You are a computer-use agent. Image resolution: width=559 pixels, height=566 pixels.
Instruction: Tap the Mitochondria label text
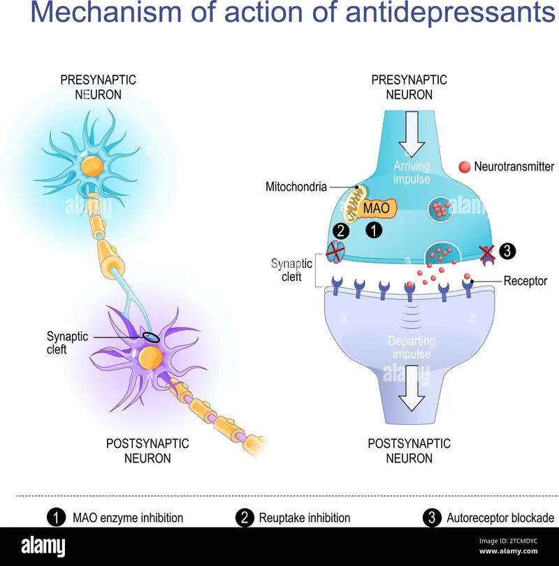click(x=296, y=187)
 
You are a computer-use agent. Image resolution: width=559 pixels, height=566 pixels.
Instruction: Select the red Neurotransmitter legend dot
click(x=464, y=167)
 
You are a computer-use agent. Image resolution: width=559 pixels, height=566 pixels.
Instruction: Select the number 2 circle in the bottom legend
click(x=245, y=518)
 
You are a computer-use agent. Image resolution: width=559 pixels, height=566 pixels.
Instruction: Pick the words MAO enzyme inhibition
click(x=128, y=518)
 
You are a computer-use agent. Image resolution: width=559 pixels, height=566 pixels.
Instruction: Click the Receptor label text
click(x=525, y=281)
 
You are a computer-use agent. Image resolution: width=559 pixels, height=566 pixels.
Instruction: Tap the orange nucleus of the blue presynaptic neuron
click(x=91, y=166)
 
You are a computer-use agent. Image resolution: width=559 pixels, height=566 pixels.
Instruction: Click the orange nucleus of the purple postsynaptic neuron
click(x=149, y=358)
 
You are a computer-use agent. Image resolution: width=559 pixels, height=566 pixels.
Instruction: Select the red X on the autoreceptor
click(x=487, y=252)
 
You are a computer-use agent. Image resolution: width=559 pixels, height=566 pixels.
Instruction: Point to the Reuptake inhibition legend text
click(x=304, y=518)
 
